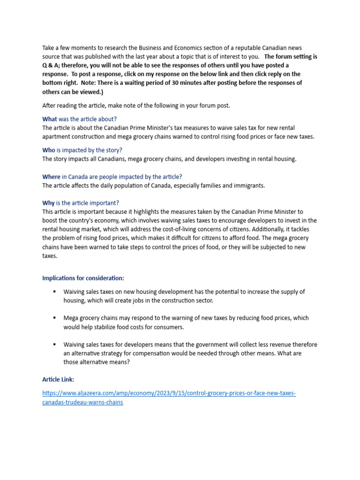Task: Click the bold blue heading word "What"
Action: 50,119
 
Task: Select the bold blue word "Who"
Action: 49,150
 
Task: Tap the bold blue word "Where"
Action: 51,176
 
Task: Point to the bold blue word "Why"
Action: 48,203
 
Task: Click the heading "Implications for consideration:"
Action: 83,278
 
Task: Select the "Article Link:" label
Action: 58,379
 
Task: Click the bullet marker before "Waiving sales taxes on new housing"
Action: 55,292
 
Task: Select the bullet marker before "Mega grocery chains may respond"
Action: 55,318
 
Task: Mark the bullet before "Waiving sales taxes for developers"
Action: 55,345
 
